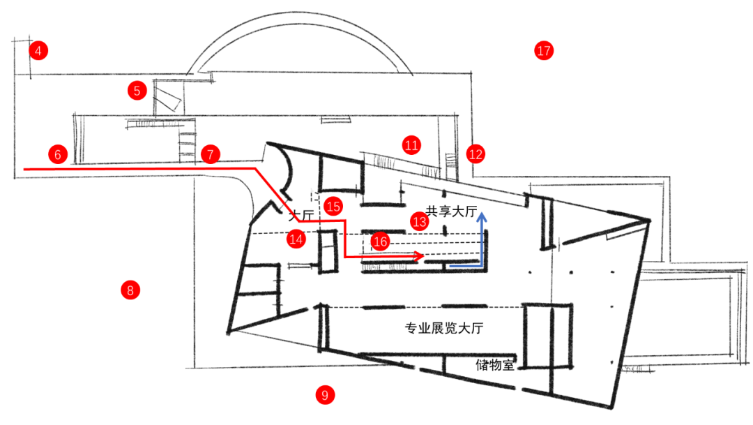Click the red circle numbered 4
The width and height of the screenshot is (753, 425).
(38, 50)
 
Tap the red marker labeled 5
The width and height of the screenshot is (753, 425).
(137, 91)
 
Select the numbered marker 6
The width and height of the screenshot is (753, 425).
(58, 154)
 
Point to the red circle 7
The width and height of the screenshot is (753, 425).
(211, 154)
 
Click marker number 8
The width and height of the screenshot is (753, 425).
(130, 290)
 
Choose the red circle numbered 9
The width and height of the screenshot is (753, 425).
(325, 395)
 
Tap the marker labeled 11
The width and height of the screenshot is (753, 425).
(411, 144)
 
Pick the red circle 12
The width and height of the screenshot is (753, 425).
(476, 154)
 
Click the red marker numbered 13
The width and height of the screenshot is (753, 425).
(420, 221)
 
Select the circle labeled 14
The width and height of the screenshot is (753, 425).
(296, 239)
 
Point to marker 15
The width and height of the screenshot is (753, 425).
(333, 207)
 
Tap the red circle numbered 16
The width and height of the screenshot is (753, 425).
(380, 241)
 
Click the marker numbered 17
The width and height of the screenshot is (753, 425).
(544, 50)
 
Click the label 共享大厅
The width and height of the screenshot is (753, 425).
(451, 211)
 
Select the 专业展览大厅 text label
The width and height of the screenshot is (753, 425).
(443, 328)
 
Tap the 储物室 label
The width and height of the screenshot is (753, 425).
(494, 364)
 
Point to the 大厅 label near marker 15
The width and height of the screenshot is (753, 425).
(301, 215)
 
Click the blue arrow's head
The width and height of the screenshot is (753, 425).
(482, 216)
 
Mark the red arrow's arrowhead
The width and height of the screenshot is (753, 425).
(418, 257)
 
